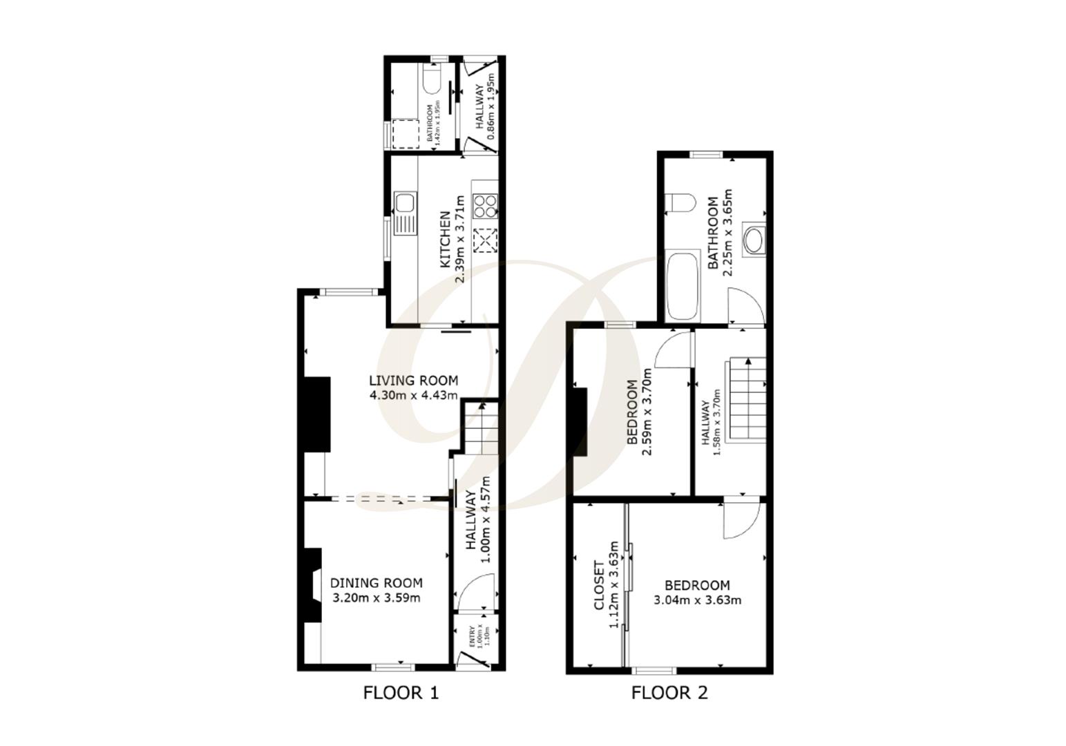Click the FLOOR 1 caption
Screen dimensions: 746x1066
tap(401, 692)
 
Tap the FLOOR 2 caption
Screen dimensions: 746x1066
tap(669, 692)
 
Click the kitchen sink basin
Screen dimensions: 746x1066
tap(403, 202)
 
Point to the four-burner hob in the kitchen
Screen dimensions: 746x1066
tap(485, 205)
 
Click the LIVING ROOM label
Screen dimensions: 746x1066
tap(413, 381)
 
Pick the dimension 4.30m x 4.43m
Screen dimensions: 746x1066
tap(413, 396)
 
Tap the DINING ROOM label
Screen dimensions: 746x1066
tap(376, 583)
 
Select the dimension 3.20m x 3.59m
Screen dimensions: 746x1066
tap(376, 598)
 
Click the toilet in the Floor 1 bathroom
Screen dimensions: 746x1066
tap(431, 81)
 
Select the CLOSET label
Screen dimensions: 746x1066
tap(600, 586)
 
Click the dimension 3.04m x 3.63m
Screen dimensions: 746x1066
tap(697, 600)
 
